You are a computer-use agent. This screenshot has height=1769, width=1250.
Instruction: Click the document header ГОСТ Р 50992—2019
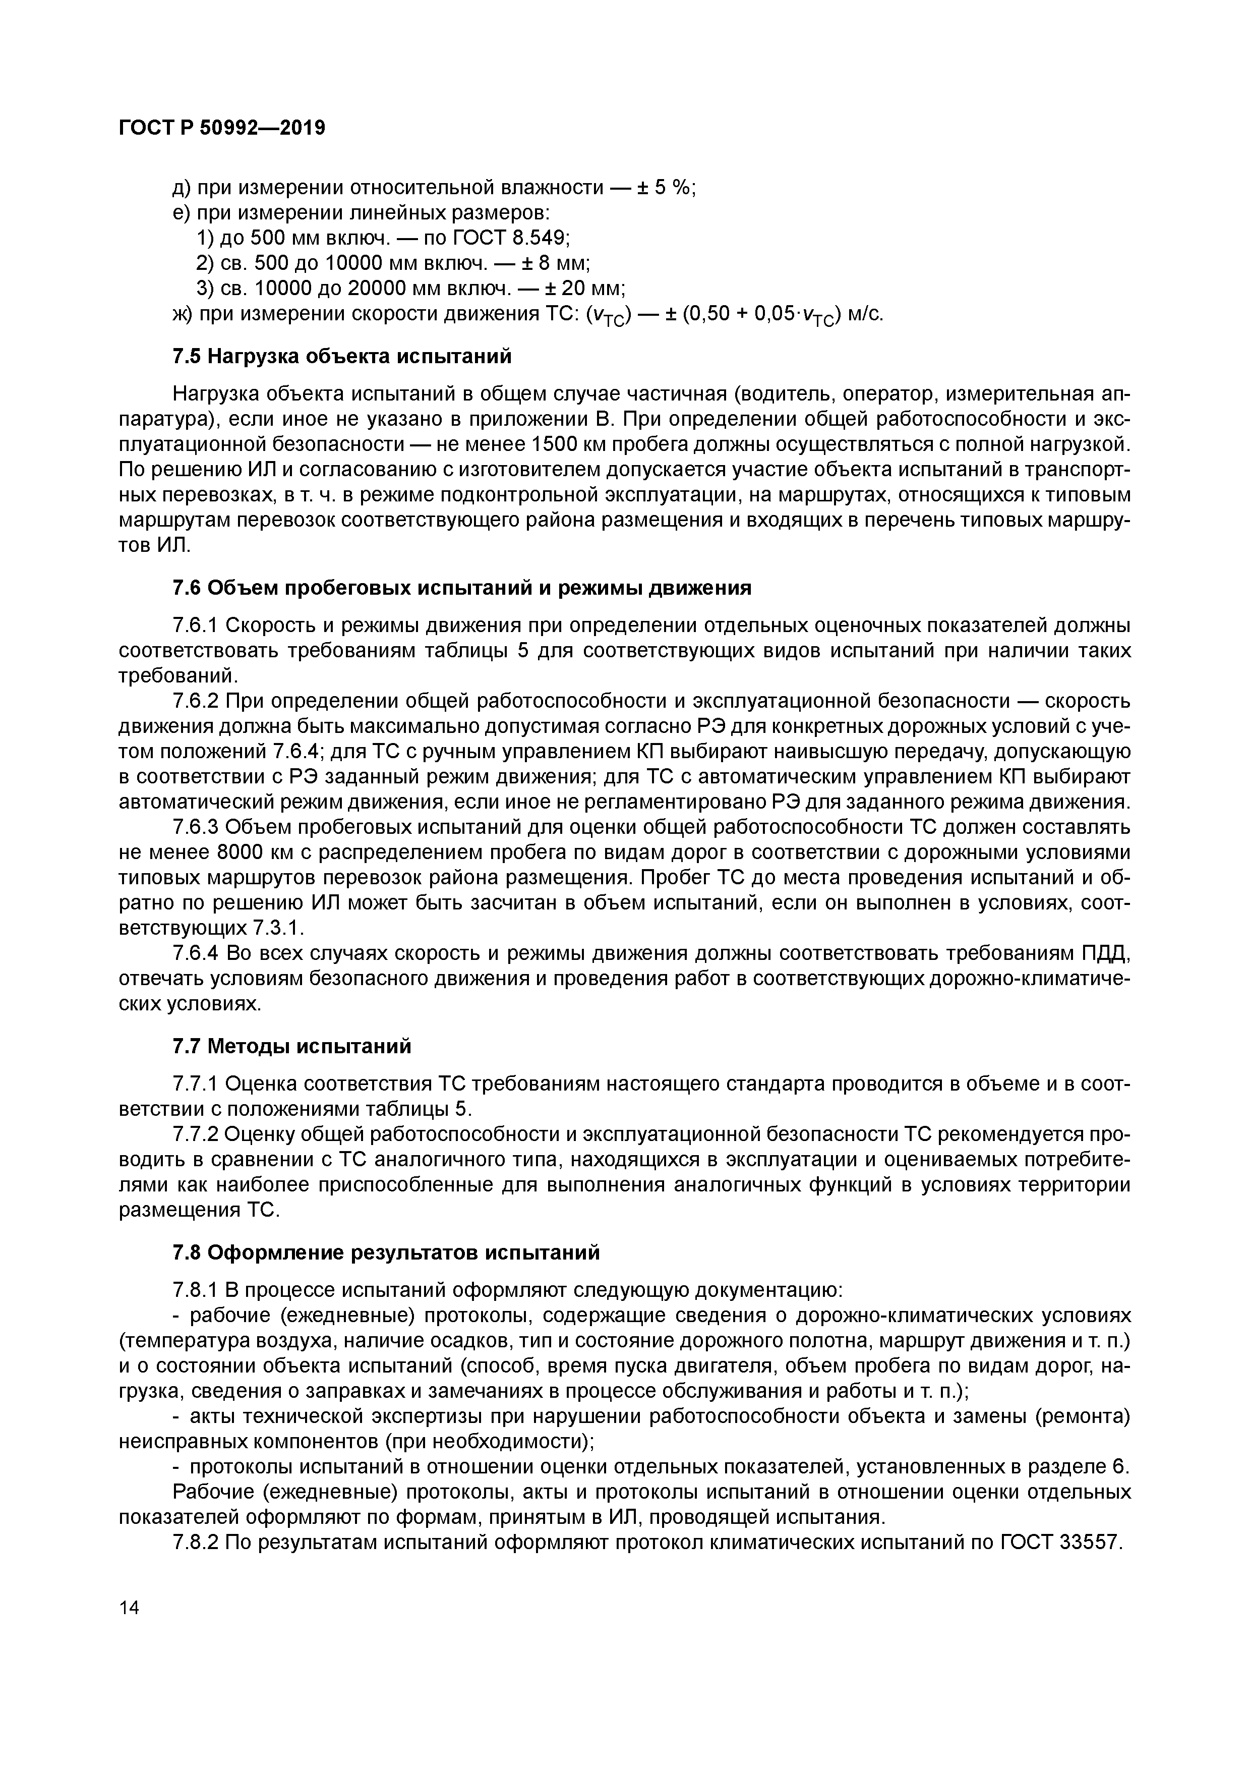click(x=222, y=128)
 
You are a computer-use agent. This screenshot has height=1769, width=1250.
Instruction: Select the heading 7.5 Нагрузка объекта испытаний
click(x=342, y=357)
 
